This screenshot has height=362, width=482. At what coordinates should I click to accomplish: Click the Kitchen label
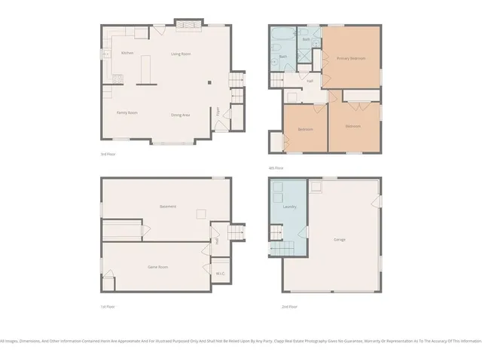click(127, 53)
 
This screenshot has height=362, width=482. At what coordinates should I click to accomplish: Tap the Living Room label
click(180, 54)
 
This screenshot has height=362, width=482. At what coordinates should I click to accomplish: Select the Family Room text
click(127, 113)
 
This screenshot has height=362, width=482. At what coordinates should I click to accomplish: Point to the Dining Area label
click(180, 115)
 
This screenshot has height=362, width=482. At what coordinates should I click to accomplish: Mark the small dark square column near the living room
click(209, 81)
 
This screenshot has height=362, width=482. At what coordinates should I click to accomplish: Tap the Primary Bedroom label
click(351, 58)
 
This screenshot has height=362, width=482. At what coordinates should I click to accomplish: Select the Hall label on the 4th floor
click(310, 81)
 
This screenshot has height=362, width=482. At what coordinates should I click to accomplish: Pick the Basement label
click(167, 206)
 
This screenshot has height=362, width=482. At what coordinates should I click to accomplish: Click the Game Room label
click(158, 267)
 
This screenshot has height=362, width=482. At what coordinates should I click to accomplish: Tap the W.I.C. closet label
click(220, 273)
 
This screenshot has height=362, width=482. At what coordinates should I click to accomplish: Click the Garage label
click(340, 239)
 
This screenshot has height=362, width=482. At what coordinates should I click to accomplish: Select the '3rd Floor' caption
click(108, 154)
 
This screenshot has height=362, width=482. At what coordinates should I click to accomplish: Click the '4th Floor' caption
click(276, 167)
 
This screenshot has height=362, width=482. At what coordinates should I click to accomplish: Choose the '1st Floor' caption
click(108, 306)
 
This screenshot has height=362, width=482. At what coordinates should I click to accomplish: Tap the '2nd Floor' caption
click(290, 306)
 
